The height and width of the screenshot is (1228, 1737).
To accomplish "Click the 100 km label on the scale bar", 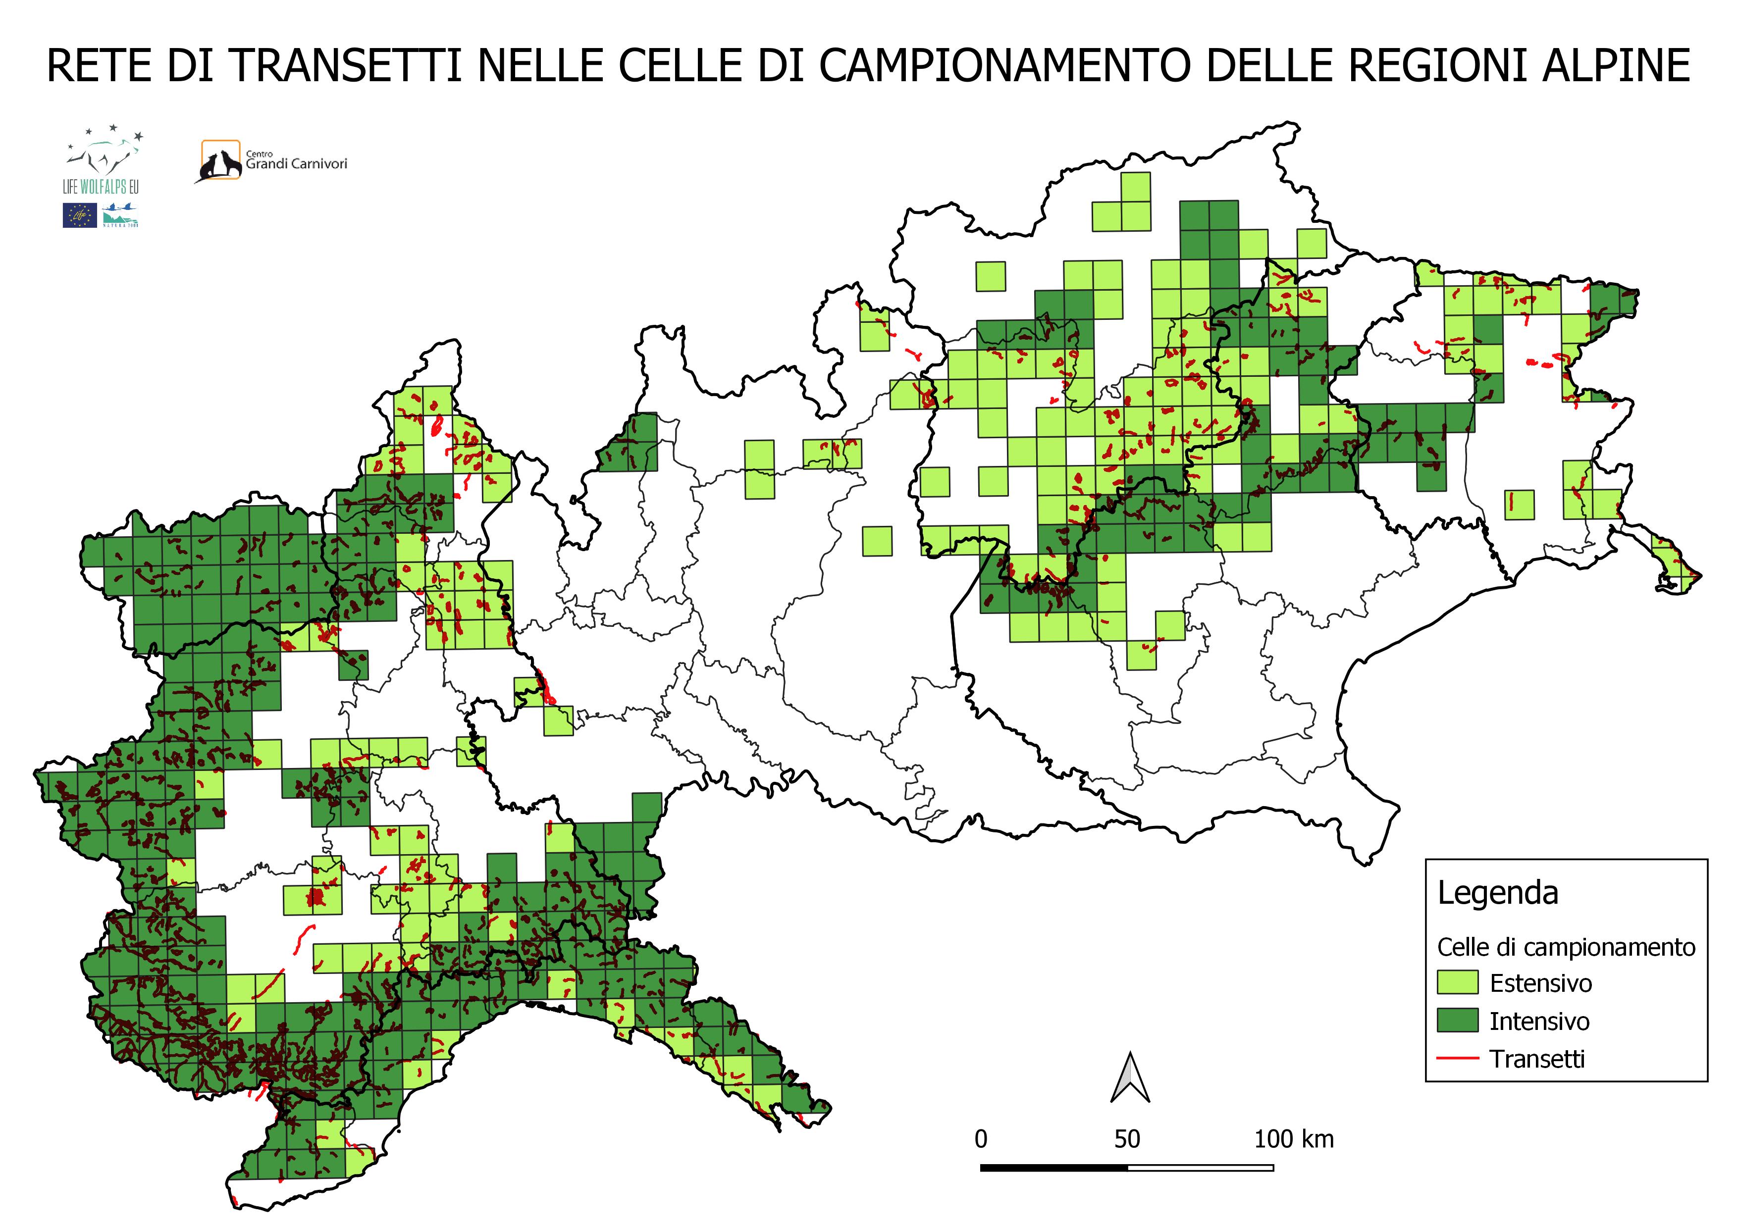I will pyautogui.click(x=1294, y=1139).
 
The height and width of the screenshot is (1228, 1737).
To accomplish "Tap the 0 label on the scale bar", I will pyautogui.click(x=981, y=1139).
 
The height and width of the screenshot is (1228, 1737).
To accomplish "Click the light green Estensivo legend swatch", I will pyautogui.click(x=1457, y=983).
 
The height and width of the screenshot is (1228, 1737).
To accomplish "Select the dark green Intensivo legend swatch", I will pyautogui.click(x=1457, y=1020).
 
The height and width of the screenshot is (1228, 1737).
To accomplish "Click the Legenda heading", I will pyautogui.click(x=1497, y=893).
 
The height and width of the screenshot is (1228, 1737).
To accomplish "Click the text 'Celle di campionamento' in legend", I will pyautogui.click(x=1566, y=947).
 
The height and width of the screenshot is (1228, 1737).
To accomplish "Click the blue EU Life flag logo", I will pyautogui.click(x=79, y=215).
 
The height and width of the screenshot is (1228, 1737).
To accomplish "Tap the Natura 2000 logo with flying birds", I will pyautogui.click(x=120, y=215).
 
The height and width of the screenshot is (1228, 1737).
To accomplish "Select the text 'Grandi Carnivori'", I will pyautogui.click(x=297, y=163).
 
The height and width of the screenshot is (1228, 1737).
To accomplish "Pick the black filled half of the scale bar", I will pyautogui.click(x=1054, y=1168).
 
